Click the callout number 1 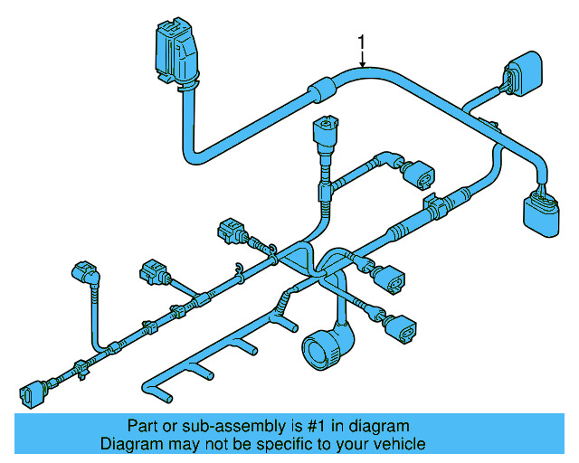tap(362, 42)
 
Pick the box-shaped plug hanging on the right tap(539, 218)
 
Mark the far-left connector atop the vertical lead tap(81, 271)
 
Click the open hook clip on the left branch tap(237, 267)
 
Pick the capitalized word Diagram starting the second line tap(130, 444)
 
